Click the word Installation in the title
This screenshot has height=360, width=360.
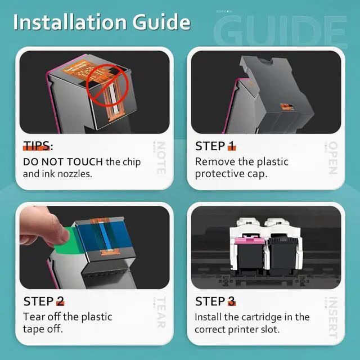click(70, 22)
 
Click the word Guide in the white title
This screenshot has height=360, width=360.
click(161, 22)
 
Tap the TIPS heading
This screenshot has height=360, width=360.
click(37, 146)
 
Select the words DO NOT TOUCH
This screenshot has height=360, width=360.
click(62, 162)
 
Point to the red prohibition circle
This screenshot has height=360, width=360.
click(107, 85)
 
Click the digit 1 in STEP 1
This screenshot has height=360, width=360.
click(231, 146)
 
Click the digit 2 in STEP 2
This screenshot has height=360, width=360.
click(60, 301)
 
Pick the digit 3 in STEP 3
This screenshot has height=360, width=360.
click(231, 301)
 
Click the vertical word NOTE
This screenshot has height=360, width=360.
click(161, 158)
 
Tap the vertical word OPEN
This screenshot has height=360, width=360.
click(333, 157)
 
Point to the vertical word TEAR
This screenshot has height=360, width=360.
click(161, 312)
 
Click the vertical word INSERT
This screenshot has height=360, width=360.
click(333, 317)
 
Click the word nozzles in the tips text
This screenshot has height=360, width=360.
click(75, 174)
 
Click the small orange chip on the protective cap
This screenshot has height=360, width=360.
click(287, 106)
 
